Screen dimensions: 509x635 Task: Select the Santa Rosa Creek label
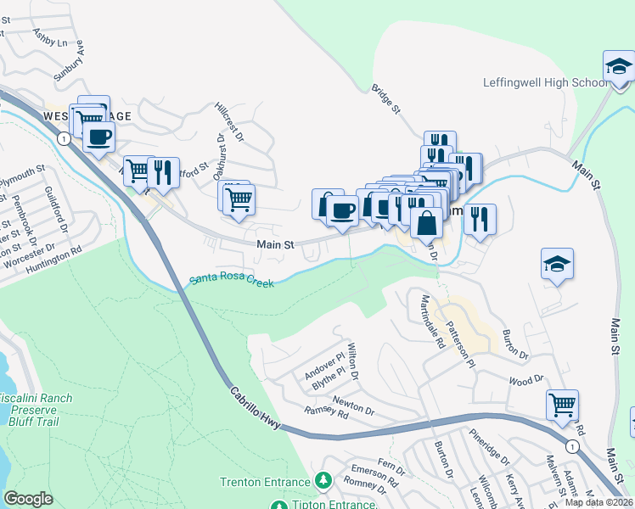coord(231,280)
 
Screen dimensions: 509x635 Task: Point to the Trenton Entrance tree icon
coord(323,482)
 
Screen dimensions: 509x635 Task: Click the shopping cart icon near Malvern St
coord(562,405)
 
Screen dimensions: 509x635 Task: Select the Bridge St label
coord(385,99)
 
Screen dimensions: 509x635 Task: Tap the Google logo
coord(28,499)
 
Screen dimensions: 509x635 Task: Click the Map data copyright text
coord(599,502)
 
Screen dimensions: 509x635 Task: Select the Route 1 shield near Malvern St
coord(574,445)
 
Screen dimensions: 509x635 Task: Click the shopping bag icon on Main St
coord(427,224)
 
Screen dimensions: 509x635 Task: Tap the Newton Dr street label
coord(353,403)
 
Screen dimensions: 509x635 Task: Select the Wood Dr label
coord(525,382)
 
